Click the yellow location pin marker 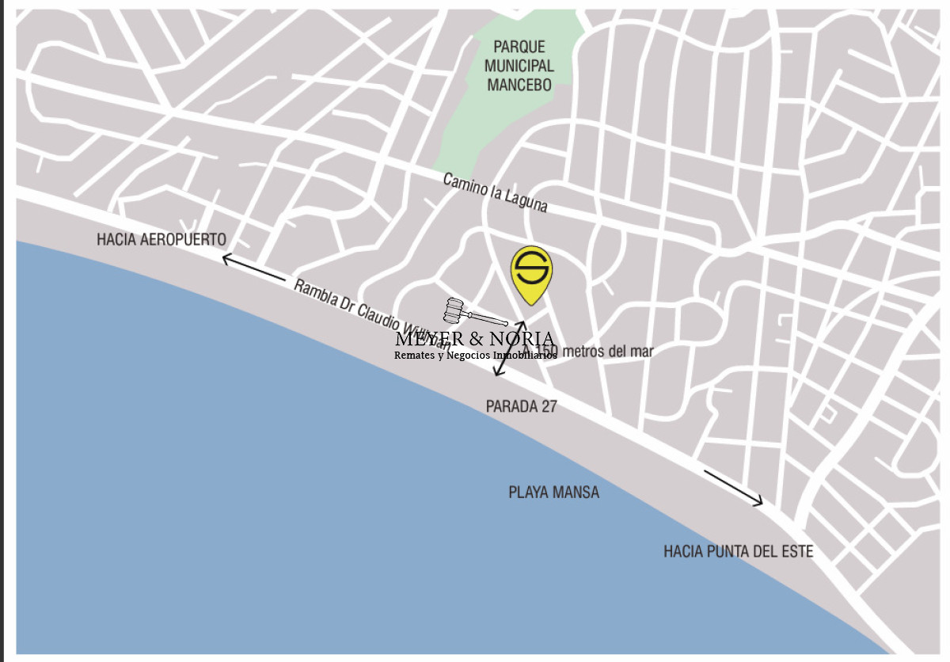pyautogui.click(x=531, y=274)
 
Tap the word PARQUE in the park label pyautogui.click(x=519, y=47)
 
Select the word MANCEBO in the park pyautogui.click(x=519, y=85)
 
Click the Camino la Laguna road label pyautogui.click(x=495, y=192)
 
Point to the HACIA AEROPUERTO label pyautogui.click(x=161, y=239)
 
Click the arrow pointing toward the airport pyautogui.click(x=253, y=268)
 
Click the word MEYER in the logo pyautogui.click(x=428, y=340)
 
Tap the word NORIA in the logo pyautogui.click(x=522, y=340)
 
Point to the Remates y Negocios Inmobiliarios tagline pyautogui.click(x=475, y=356)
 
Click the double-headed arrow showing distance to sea pyautogui.click(x=511, y=348)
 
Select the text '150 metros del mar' pyautogui.click(x=595, y=351)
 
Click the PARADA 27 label pyautogui.click(x=521, y=407)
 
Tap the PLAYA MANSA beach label pyautogui.click(x=553, y=493)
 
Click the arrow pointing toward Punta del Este pyautogui.click(x=733, y=487)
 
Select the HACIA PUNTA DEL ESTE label pyautogui.click(x=738, y=551)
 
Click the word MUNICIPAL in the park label pyautogui.click(x=519, y=66)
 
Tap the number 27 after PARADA pyautogui.click(x=548, y=407)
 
